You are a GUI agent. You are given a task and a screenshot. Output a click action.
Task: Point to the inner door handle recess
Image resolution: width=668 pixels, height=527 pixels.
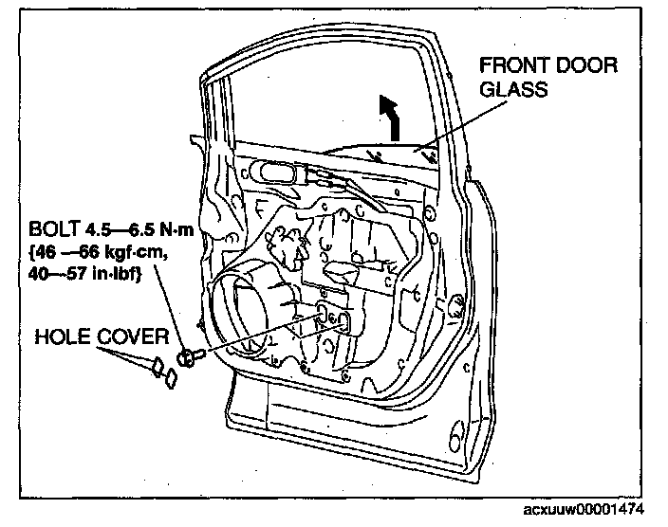272,173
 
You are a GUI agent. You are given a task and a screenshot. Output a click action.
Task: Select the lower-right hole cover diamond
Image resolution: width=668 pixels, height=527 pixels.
172,378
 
